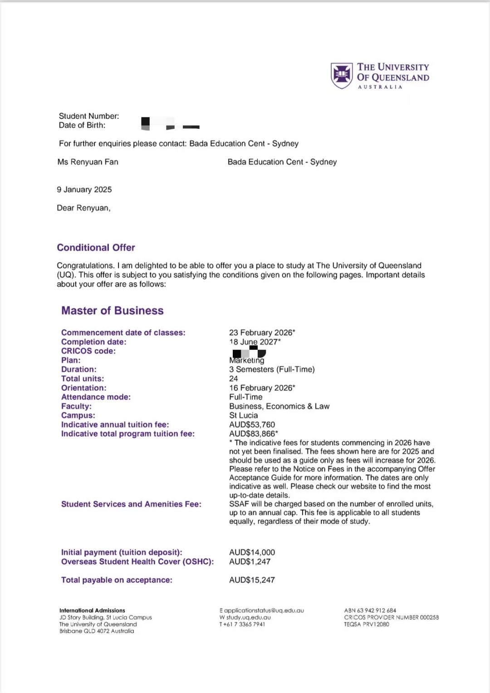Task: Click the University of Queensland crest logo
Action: [342, 75]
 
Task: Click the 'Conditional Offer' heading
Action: [96, 248]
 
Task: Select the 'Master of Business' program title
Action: [113, 311]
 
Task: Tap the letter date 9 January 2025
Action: [84, 190]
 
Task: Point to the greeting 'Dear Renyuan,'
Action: [83, 208]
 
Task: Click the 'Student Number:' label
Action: [89, 116]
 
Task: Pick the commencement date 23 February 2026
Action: [262, 332]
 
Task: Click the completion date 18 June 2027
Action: [255, 342]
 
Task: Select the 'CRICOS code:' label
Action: [88, 351]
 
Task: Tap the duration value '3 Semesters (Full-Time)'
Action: [272, 370]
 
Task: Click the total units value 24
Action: [234, 379]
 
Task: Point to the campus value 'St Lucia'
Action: [244, 415]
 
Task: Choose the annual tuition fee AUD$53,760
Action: [252, 425]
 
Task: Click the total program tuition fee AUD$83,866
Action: [253, 434]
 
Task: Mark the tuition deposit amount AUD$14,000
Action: [252, 552]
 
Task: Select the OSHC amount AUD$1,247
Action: [250, 561]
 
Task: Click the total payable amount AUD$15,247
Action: [252, 580]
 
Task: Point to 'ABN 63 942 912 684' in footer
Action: [370, 610]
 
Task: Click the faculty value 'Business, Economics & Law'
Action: [279, 406]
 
